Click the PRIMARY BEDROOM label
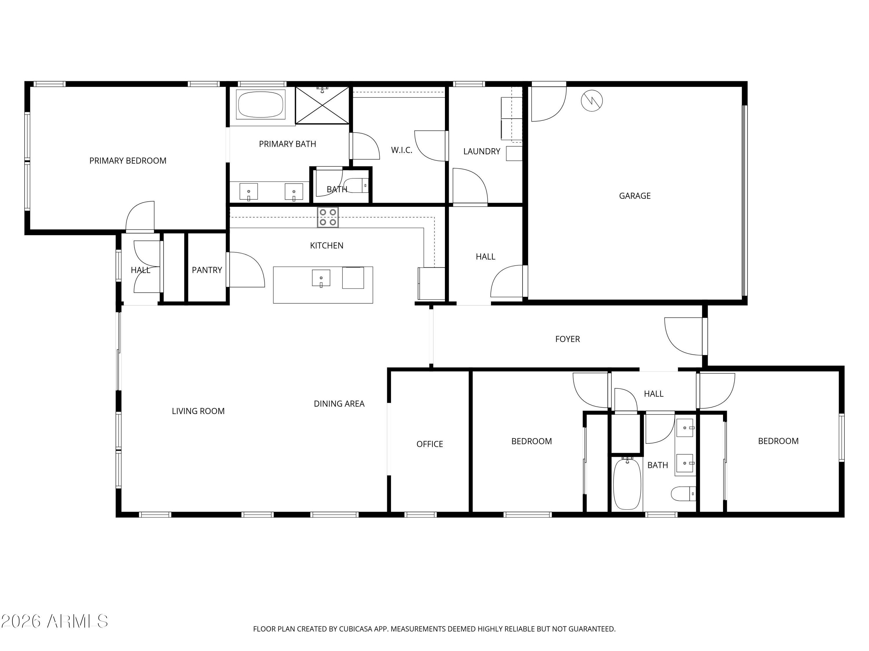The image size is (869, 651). pos(128,161)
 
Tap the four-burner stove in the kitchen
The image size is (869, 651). pos(328,217)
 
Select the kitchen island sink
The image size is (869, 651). pos(321,278)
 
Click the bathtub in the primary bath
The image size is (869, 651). pos(260,104)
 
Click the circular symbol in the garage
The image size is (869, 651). pos(591,101)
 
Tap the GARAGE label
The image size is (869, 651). pos(634,196)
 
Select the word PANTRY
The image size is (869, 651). pos(207,270)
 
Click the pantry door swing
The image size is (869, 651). pos(246,270)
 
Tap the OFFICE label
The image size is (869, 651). pos(429,444)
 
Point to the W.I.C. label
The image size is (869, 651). pos(401,150)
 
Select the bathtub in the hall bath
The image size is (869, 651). pos(627,484)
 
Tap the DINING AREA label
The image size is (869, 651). pos(339,403)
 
